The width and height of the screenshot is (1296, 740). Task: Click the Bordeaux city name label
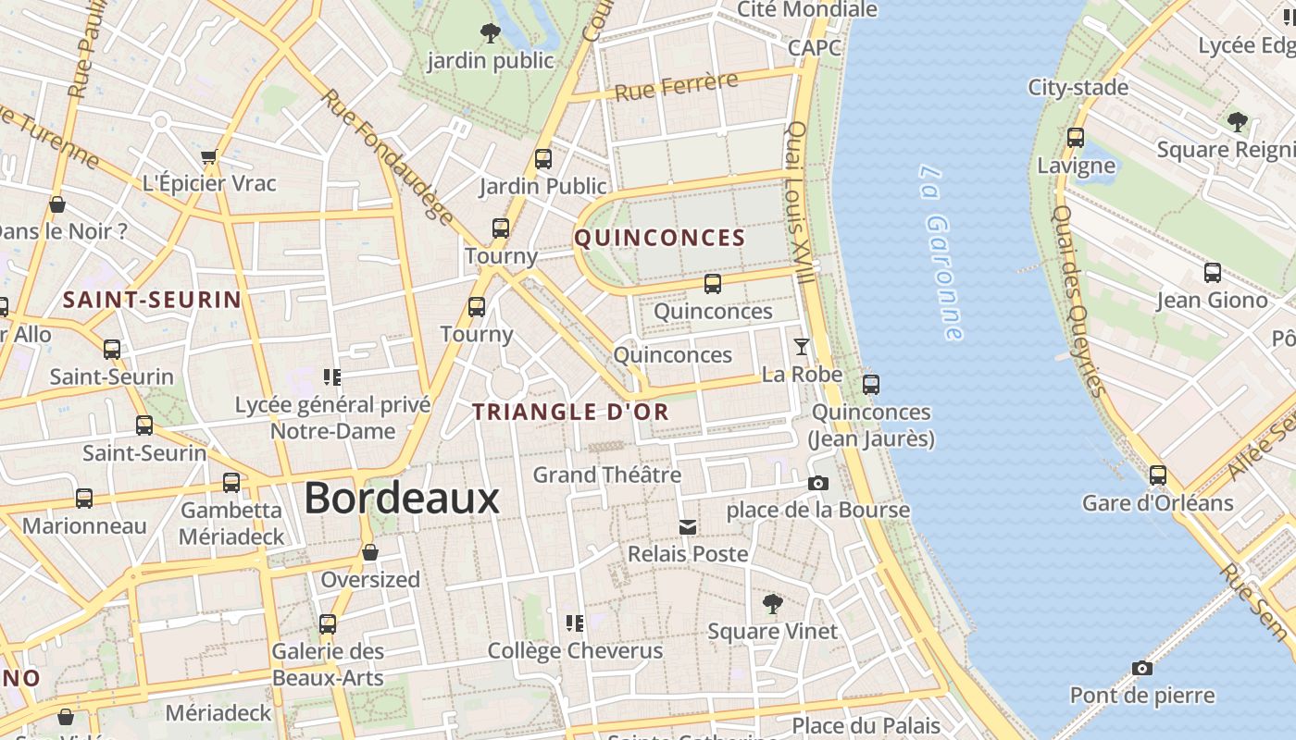tap(401, 499)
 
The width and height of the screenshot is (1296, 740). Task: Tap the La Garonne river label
tap(942, 253)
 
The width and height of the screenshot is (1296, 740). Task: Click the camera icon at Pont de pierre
tap(1142, 668)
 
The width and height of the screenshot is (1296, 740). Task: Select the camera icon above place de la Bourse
tap(817, 483)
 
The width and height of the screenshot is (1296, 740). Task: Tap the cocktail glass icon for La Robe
tap(801, 347)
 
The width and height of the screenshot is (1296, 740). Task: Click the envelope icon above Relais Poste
tap(687, 527)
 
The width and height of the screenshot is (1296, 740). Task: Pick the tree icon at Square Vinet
tap(772, 604)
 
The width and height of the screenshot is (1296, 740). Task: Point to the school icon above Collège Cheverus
tap(575, 623)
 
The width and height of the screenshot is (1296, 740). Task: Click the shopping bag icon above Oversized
tap(370, 553)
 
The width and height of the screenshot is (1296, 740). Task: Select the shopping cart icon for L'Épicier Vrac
tap(209, 156)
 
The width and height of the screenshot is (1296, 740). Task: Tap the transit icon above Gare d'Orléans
tap(1157, 475)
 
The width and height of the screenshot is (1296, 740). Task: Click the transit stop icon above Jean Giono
tap(1212, 273)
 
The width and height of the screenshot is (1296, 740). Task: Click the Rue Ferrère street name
tap(676, 86)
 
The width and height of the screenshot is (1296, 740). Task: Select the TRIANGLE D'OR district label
tap(571, 413)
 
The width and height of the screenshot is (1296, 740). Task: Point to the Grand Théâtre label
tap(606, 475)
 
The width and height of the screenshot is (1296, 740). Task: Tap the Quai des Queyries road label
tap(1079, 300)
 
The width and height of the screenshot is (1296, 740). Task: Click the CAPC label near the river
tap(815, 47)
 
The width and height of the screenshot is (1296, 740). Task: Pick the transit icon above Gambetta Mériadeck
tap(231, 483)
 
